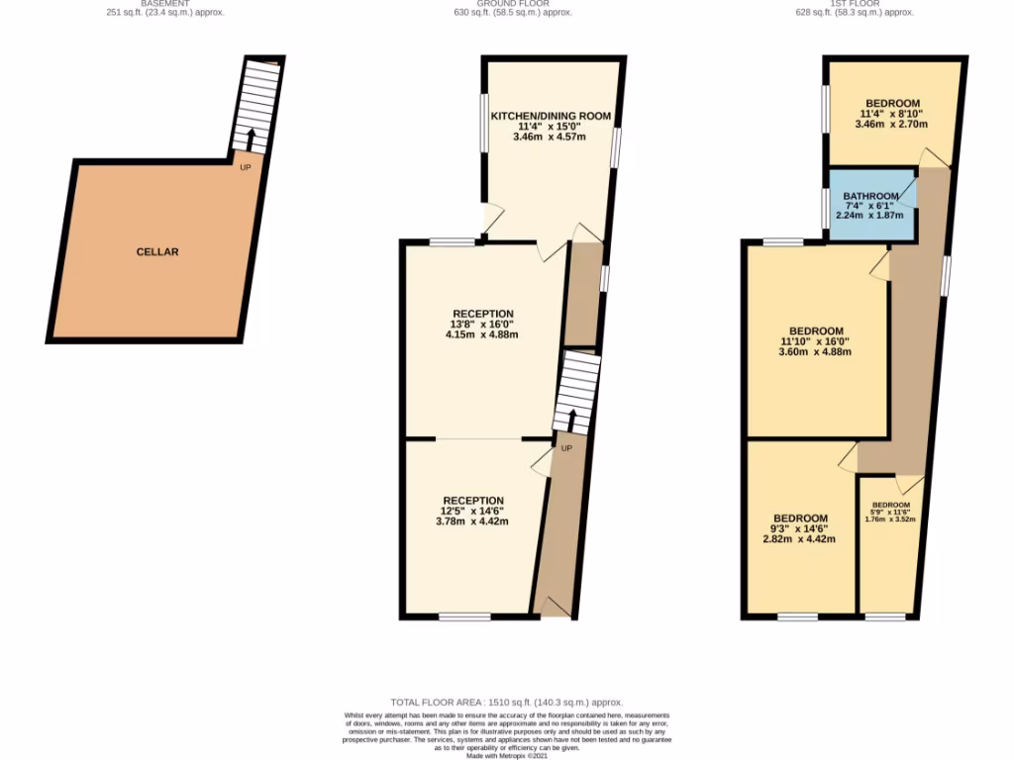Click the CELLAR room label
[157, 252]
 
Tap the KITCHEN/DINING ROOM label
[550, 116]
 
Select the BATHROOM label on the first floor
[870, 196]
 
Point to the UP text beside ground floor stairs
[566, 449]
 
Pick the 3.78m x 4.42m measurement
[472, 522]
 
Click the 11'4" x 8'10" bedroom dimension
[892, 115]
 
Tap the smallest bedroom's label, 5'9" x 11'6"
[889, 511]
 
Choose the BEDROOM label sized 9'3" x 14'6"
[800, 519]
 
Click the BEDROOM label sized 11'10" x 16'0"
[816, 331]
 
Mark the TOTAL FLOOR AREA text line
[506, 701]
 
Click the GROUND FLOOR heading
[507, 3]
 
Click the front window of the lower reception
[464, 617]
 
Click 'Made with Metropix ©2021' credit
[507, 755]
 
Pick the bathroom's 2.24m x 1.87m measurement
[870, 215]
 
